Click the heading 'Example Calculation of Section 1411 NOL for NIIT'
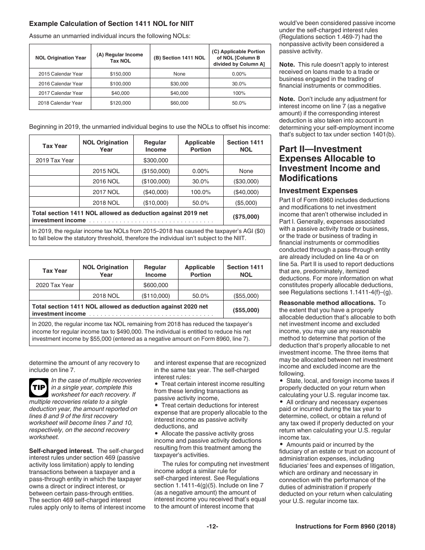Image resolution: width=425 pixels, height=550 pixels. (x=111, y=23)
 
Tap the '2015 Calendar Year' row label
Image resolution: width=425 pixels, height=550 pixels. (x=60, y=74)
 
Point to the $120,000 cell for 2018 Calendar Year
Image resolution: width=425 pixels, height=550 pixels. (x=120, y=103)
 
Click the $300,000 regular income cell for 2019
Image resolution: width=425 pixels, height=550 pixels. (x=156, y=161)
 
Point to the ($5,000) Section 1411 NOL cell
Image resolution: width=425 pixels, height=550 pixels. (x=246, y=203)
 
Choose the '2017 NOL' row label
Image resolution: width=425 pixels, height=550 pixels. (x=106, y=192)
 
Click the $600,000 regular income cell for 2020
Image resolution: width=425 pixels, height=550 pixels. (x=156, y=285)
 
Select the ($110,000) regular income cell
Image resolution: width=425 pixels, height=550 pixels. (x=156, y=296)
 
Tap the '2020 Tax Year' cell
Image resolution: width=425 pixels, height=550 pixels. (x=55, y=285)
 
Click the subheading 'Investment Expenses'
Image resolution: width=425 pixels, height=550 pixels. (x=318, y=191)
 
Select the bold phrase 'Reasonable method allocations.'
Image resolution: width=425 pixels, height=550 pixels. (x=327, y=303)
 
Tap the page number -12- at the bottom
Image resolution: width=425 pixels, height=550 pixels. (x=212, y=527)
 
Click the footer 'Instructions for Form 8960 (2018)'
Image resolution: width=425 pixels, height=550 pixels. (x=345, y=527)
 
